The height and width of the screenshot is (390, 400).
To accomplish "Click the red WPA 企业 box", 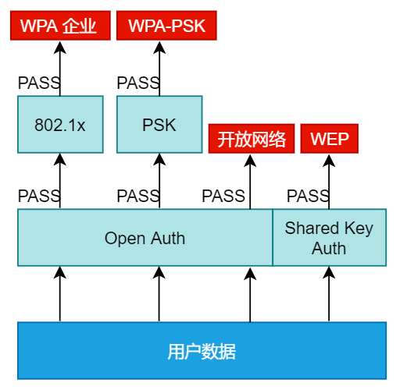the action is point(60,26).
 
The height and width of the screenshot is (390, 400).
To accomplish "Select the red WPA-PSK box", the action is point(166,26).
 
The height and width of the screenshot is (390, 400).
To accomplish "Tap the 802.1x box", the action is point(60,124).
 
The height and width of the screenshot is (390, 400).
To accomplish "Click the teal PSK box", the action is point(159,124).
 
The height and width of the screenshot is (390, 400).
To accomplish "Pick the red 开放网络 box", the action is point(252,139).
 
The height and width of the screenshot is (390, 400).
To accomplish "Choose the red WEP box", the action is point(330,139).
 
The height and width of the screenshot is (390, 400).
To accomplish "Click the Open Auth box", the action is point(145,237).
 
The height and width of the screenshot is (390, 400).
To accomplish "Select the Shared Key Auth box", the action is point(330,237).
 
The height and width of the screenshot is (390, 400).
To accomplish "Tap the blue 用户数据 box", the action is point(202,351).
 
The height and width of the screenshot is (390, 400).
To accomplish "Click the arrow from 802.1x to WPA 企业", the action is point(60,69).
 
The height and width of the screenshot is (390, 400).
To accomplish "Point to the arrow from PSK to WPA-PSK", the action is point(159,69).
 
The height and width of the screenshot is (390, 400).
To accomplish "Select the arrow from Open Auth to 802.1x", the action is point(60,181).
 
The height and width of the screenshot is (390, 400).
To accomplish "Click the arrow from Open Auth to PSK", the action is point(159,181).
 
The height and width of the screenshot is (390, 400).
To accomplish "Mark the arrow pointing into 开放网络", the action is point(250,182).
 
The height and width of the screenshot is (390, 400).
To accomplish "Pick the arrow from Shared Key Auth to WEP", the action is point(329,182).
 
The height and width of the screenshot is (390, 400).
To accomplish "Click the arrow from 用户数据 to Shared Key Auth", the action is point(329,294).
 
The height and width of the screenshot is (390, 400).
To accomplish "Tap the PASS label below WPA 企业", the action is point(39,83).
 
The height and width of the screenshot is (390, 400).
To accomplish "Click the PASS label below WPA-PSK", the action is point(138,83).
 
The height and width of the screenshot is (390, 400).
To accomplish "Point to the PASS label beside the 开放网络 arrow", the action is point(223,196).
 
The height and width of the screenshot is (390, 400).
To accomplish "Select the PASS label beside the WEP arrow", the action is point(308,196).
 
